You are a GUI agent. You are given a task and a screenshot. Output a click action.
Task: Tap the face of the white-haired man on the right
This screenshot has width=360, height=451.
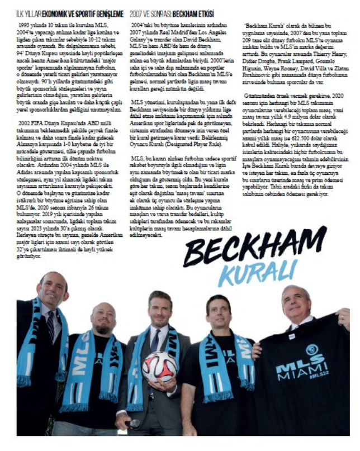[x=296, y=305]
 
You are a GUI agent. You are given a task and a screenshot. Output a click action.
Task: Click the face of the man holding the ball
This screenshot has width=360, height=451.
[x=160, y=311]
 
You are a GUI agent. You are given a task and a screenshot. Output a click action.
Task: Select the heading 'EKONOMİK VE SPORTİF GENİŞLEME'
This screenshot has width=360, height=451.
[x=83, y=13]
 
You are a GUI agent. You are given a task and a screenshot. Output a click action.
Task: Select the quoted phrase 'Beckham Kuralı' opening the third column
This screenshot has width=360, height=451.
[x=263, y=26]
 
